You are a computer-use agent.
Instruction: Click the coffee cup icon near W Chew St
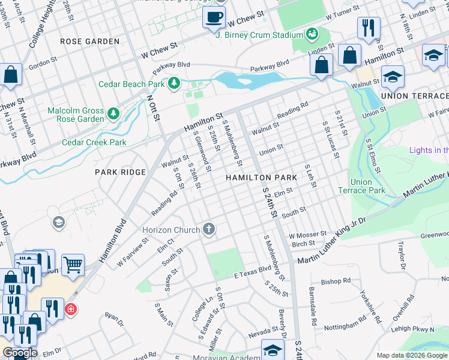coord(213,17)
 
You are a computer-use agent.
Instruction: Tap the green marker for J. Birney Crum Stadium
coord(312,34)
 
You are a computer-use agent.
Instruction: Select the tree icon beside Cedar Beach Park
coord(174,82)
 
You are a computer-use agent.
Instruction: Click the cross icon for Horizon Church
coord(209,229)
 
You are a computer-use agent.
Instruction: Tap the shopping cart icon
coord(73,263)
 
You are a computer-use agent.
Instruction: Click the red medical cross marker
coord(71,309)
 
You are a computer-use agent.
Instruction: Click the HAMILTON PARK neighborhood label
coord(261,178)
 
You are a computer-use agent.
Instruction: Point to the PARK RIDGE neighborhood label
coord(120,172)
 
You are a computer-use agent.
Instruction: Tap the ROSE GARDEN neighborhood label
coord(90,41)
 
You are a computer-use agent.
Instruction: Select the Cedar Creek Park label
coord(94,143)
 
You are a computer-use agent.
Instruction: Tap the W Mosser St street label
coord(307,235)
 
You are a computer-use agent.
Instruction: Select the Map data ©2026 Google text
coord(412,355)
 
